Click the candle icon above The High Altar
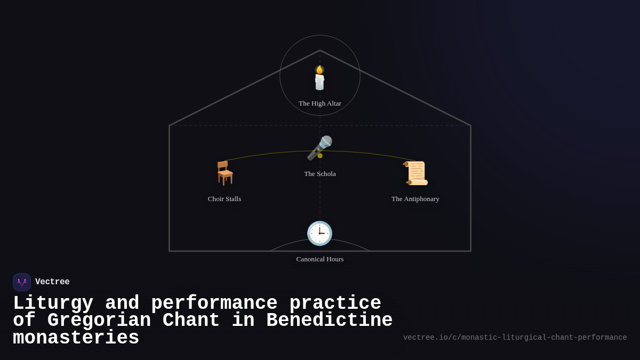point(319,78)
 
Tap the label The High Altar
point(320,103)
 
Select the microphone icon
point(319,148)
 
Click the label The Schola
point(320,174)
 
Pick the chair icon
point(225,173)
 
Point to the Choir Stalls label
point(225,199)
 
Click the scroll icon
point(415,173)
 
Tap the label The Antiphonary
point(415,199)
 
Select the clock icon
point(319,233)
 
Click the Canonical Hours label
point(320,259)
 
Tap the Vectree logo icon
point(22,282)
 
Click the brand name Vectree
point(52,282)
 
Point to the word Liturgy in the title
point(53,303)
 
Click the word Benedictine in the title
point(329,321)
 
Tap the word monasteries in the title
point(76,338)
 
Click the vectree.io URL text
point(515,338)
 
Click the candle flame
point(319,69)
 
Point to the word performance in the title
point(214,303)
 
